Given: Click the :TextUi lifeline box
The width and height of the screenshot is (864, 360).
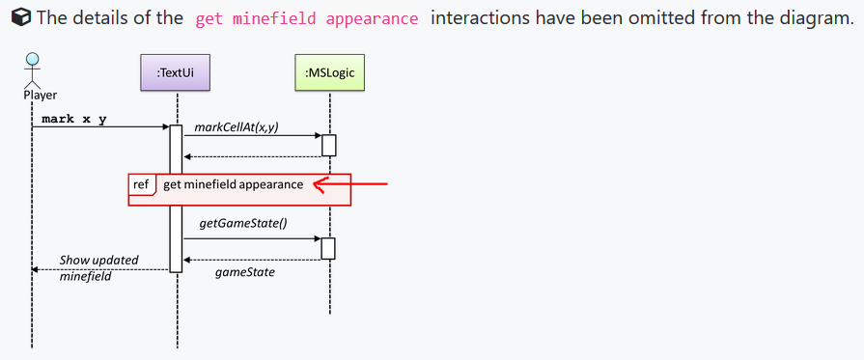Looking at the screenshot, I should [x=177, y=72].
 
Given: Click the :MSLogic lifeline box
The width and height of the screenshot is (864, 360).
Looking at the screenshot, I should [x=329, y=72].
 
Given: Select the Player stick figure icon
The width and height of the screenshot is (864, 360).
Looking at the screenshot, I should [x=32, y=70].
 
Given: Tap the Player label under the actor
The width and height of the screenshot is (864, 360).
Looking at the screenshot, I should [x=40, y=95].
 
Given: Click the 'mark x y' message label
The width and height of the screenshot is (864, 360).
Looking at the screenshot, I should [x=74, y=119].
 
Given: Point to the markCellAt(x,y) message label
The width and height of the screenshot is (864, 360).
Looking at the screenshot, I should [x=237, y=127].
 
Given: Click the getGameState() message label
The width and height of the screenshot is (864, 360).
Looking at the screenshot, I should [x=243, y=223].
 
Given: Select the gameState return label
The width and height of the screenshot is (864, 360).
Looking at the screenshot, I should [x=244, y=272].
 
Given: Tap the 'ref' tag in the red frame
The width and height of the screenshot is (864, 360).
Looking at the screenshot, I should [x=141, y=183].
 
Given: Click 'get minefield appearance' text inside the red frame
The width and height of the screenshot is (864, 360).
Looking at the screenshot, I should [x=233, y=183].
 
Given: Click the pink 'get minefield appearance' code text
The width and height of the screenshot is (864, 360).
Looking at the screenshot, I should [x=307, y=18].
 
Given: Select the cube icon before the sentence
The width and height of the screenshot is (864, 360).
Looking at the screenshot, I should [x=17, y=17].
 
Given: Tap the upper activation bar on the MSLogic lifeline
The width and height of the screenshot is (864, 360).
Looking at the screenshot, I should [x=328, y=145].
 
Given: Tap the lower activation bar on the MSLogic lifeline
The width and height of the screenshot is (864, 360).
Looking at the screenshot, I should [x=328, y=248].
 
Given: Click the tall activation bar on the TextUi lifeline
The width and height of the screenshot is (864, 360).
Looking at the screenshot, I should [x=176, y=198].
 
